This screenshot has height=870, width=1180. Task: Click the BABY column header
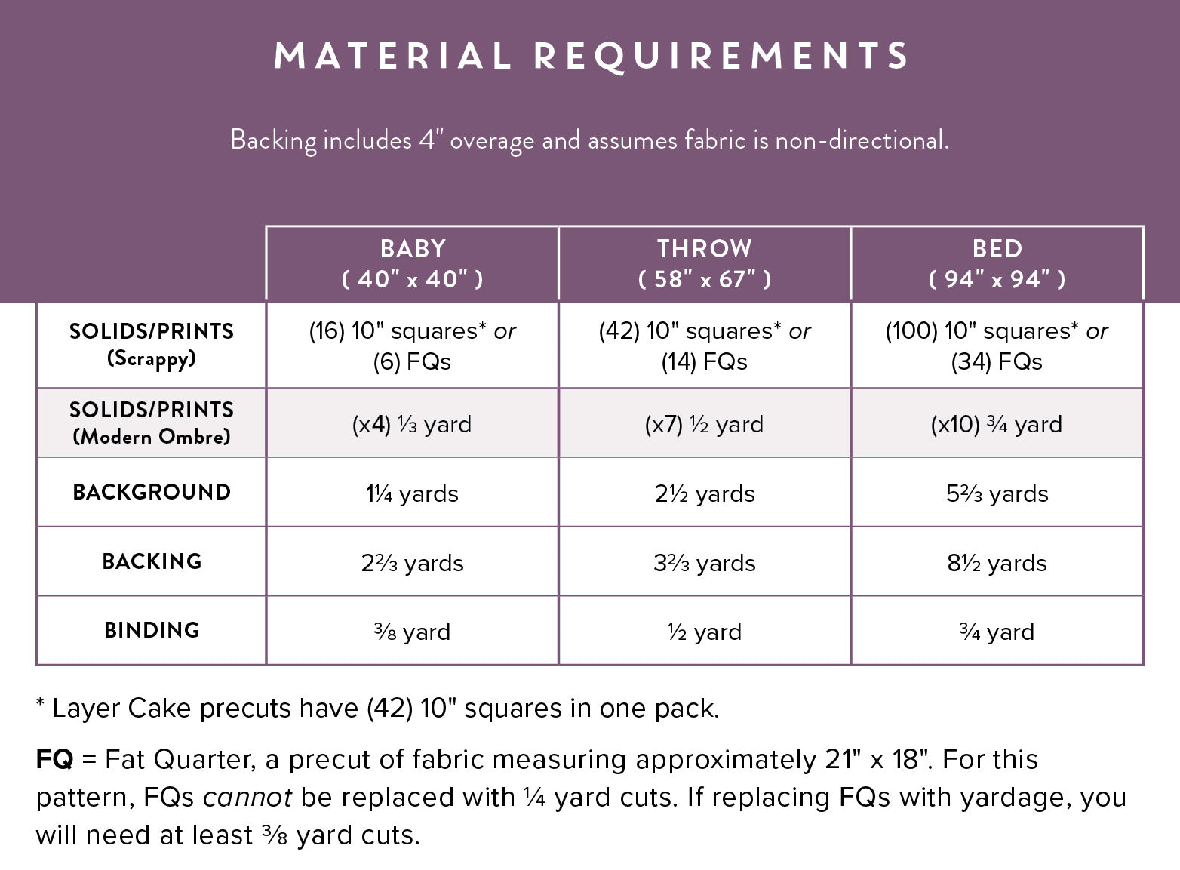[412, 263]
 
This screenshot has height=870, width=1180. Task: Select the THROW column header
[704, 263]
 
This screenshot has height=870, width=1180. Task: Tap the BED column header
[997, 263]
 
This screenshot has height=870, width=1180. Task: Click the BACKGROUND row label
[152, 492]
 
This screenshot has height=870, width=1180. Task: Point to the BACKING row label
[152, 561]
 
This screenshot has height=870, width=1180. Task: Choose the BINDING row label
[152, 630]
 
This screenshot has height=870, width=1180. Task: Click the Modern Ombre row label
[152, 423]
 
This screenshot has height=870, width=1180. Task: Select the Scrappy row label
[152, 344]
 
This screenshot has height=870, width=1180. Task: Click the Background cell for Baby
[412, 493]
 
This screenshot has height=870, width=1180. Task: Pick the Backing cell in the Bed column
[997, 563]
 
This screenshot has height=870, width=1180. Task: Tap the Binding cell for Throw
[704, 632]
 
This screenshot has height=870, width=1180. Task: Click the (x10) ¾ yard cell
[996, 424]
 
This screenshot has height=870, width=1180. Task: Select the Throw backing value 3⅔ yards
[704, 563]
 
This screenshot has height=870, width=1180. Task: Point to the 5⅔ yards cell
[997, 493]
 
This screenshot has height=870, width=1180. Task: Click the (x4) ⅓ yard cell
[412, 424]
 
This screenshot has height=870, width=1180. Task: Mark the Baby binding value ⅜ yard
[412, 632]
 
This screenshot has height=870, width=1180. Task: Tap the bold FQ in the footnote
[54, 759]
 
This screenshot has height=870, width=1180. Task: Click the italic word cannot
[247, 797]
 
